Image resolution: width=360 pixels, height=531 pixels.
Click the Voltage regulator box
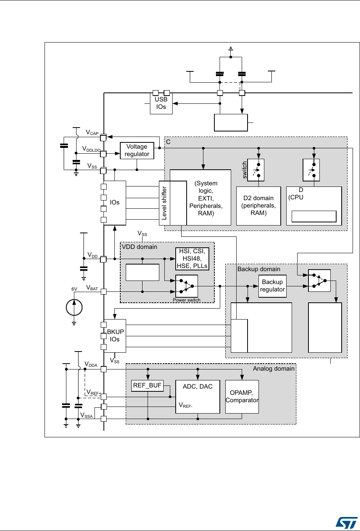click(137, 150)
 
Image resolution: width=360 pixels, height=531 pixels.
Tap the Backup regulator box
click(272, 286)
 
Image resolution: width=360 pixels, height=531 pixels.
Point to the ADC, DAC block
click(198, 396)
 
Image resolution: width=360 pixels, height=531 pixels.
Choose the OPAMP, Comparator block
click(242, 396)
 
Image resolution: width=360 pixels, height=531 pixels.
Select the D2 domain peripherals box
click(258, 206)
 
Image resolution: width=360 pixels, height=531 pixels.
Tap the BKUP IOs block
click(115, 336)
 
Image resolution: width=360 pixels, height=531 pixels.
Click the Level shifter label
click(164, 203)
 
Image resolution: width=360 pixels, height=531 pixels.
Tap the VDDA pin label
click(91, 364)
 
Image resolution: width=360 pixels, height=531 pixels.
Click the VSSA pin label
click(86, 416)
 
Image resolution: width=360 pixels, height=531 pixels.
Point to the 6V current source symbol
click(73, 306)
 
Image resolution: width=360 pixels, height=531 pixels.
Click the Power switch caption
click(186, 300)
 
